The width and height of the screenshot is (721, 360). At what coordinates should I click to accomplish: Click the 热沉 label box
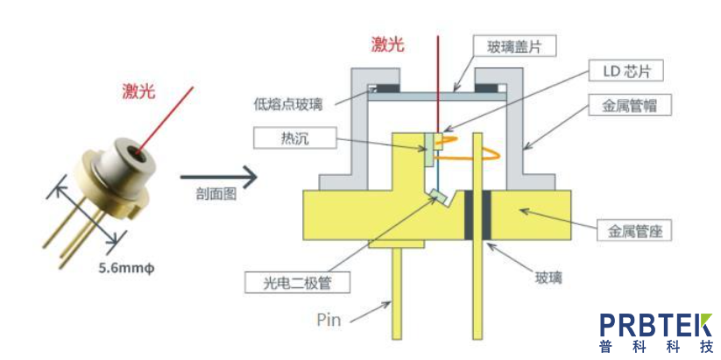tap(286, 137)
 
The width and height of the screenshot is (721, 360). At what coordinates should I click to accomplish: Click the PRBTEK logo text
tap(655, 325)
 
